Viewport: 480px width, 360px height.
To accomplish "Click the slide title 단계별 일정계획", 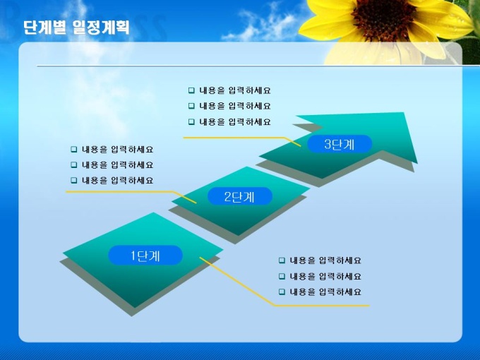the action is pos(76,28).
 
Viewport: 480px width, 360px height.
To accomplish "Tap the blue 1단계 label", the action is pos(145,256).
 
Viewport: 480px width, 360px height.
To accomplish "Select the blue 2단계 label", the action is pos(240,196).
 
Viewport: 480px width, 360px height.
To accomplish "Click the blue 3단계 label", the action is pos(340,144).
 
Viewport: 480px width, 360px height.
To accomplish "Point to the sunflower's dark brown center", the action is pos(383,19).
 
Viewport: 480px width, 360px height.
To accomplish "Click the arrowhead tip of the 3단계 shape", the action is pos(416,163).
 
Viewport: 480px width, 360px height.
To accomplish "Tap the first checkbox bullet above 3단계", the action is pos(191,90).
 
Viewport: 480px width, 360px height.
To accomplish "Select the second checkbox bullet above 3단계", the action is pos(191,106).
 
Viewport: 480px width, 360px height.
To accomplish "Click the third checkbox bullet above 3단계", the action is pos(191,122).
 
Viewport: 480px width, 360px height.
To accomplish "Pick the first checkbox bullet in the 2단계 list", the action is pos(74,150).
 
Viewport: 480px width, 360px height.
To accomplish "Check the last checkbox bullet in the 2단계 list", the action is pos(74,180).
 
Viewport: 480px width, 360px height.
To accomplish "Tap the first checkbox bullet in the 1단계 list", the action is pos(282,260).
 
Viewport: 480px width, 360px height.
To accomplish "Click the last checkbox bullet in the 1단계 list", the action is pos(282,292).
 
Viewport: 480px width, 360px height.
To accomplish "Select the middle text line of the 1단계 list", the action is pos(325,277).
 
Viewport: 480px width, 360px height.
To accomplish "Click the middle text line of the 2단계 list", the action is pos(118,165).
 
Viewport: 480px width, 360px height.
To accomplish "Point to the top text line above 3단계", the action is pos(235,90).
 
